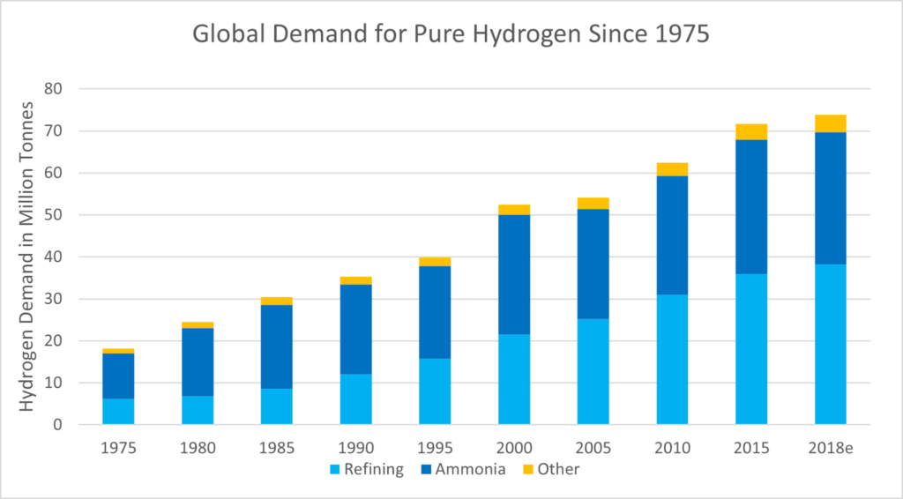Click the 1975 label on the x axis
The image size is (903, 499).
tap(118, 447)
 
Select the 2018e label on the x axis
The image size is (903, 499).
tap(830, 447)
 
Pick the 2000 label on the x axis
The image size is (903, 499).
tap(513, 447)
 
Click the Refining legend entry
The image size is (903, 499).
tap(366, 469)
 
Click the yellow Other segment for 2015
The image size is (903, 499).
tap(751, 132)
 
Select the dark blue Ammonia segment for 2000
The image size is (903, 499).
tap(513, 274)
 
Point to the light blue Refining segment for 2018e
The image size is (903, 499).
tap(830, 345)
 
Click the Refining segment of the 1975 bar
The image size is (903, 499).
tap(118, 412)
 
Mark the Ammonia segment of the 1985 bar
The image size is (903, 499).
tap(276, 346)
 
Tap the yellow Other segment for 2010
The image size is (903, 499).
tap(672, 169)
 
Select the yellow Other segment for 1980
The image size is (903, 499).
tap(198, 325)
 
